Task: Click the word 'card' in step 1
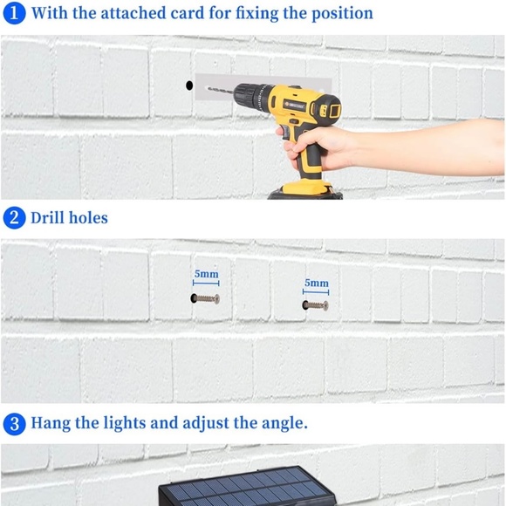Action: tap(173, 13)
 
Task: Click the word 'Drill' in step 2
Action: tap(49, 217)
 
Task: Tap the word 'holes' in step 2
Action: tap(90, 217)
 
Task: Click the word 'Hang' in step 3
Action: tap(51, 424)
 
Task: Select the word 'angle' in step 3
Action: tap(281, 425)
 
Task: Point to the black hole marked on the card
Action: tap(188, 85)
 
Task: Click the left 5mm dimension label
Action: tap(206, 274)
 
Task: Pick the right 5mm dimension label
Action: tap(317, 283)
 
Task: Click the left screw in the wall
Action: tap(206, 298)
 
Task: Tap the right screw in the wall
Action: tap(315, 305)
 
